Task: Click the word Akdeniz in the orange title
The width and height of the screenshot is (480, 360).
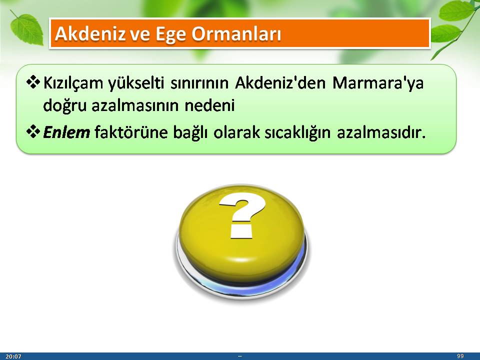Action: [90, 33]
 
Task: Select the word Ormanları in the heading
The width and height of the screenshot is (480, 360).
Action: [236, 33]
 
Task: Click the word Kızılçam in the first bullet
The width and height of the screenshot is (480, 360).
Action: [73, 83]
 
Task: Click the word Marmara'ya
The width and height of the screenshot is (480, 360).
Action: [378, 82]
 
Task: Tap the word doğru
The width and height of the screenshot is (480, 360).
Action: [65, 105]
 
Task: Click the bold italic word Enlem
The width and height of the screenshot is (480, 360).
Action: [66, 132]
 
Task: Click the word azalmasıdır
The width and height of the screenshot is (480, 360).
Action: [381, 132]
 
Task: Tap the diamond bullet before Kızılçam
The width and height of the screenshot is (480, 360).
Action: [33, 82]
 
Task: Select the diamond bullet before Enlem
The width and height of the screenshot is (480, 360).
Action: [33, 132]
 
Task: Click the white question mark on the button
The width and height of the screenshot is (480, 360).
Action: [242, 215]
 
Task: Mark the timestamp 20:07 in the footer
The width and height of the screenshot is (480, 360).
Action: [13, 356]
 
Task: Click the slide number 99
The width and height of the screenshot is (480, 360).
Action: [460, 356]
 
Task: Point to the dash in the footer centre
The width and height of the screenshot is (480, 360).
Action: [239, 356]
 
